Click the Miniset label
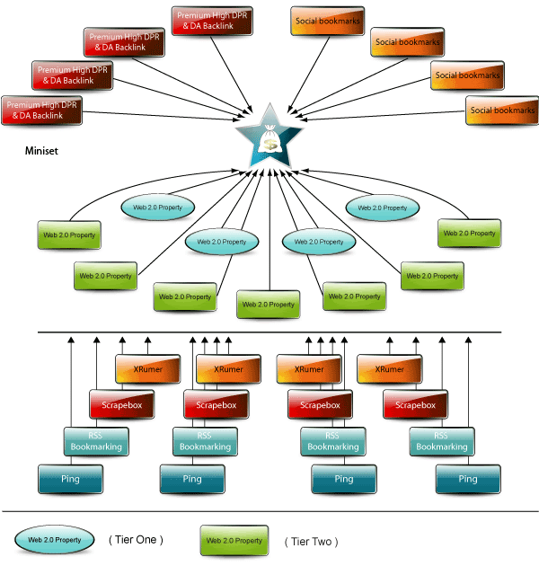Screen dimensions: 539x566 coord(41,151)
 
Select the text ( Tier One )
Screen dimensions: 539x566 coord(136,540)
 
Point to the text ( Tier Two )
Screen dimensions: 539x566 coord(311,542)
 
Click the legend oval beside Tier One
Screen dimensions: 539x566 coord(55,540)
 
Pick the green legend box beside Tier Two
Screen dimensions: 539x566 coord(234,540)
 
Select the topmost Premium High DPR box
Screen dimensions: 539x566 coord(212,21)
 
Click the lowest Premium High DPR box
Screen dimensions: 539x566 coord(41,111)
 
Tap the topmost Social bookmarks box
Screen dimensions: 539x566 coord(328,21)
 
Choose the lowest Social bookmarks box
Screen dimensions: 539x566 coord(502,111)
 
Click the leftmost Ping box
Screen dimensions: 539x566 coord(70,479)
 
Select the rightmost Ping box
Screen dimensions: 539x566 coord(468,479)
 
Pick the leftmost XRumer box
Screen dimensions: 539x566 coord(147,369)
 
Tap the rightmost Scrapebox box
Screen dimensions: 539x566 coord(415,404)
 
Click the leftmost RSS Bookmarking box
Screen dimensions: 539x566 coord(96,441)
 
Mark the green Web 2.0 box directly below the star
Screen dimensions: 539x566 coord(269,305)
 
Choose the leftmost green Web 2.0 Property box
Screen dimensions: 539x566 coord(69,235)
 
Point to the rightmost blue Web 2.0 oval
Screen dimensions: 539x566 coord(383,208)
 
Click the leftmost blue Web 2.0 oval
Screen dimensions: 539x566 coord(158,208)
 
